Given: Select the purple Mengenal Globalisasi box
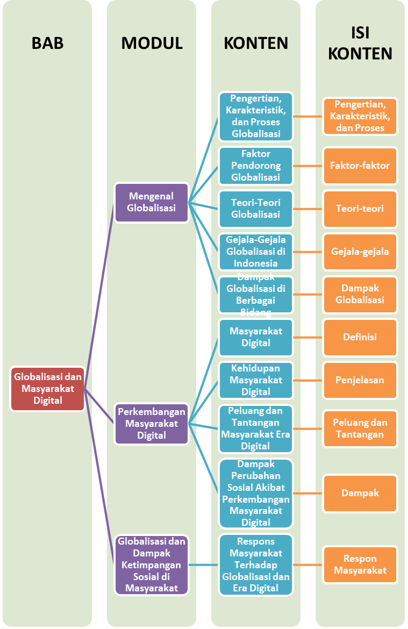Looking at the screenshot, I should click(x=152, y=202).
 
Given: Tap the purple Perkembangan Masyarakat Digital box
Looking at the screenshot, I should click(x=152, y=424).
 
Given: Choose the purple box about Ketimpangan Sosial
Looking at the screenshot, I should click(x=152, y=564).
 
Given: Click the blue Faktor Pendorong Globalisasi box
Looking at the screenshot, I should click(x=256, y=166).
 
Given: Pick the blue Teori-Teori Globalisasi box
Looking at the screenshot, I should click(x=256, y=209).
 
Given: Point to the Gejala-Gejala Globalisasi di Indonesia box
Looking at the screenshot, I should click(x=256, y=252).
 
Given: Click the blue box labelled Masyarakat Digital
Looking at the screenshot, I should click(x=256, y=337).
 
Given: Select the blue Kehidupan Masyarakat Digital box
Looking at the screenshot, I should click(x=256, y=380).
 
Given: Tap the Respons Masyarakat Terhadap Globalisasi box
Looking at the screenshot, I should click(x=256, y=564).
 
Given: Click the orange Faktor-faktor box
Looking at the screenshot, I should click(x=360, y=166).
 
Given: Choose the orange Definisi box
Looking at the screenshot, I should click(x=360, y=337).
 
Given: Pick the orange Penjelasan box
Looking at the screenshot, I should click(x=360, y=380).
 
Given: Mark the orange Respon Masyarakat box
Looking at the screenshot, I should click(x=360, y=564).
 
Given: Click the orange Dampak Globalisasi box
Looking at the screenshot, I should click(x=360, y=294).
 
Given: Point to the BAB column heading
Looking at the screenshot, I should click(x=47, y=43).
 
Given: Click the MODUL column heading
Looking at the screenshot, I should click(x=152, y=43).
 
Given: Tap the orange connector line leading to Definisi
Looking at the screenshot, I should click(x=308, y=337).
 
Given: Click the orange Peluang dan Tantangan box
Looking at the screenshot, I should click(x=360, y=428).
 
